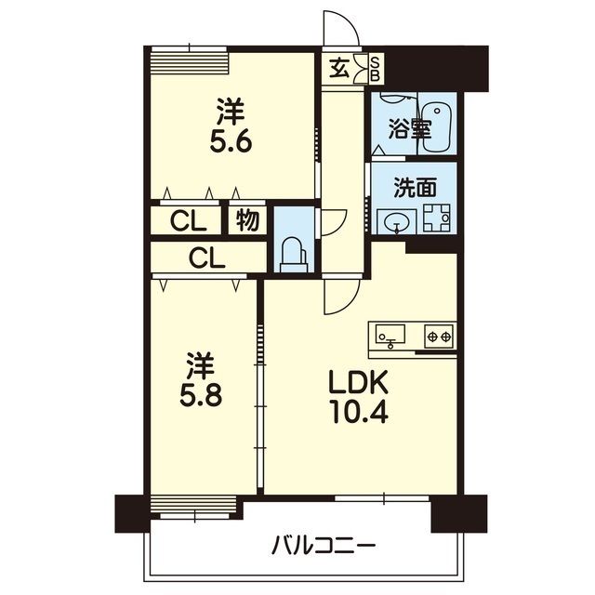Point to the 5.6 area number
(231, 141)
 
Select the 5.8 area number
(201, 395)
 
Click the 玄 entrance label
(338, 69)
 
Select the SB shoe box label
(375, 69)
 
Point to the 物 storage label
(248, 220)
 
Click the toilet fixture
(294, 255)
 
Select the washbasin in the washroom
(396, 221)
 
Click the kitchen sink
(390, 334)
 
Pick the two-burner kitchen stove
(439, 337)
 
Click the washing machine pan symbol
(437, 218)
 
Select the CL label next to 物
(189, 221)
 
